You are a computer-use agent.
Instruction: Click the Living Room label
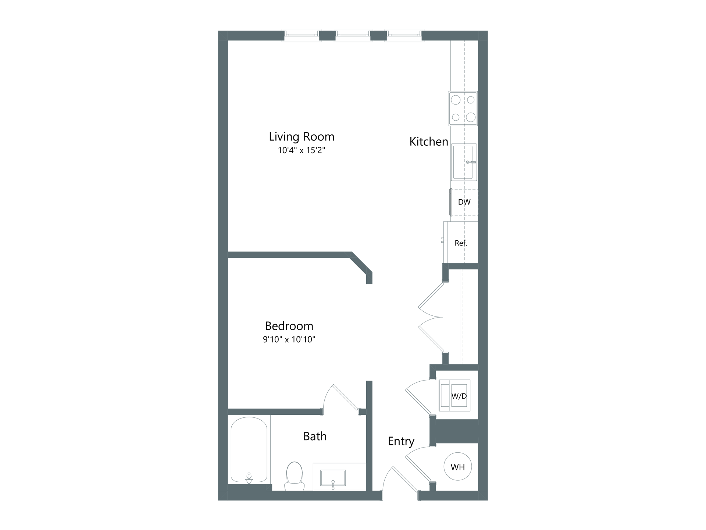point(302,137)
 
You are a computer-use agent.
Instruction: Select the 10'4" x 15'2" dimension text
point(302,150)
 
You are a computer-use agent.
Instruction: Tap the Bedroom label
point(289,326)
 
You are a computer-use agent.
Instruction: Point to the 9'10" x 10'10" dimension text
point(289,339)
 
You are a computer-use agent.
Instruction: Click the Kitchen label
point(429,142)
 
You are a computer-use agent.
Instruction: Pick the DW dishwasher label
point(464,202)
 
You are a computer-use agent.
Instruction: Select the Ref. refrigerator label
point(461,243)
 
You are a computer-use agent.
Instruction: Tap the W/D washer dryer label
point(459,396)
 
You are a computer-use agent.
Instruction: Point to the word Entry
point(401,441)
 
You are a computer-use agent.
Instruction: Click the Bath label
point(315,436)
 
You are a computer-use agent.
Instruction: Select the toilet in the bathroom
point(295,476)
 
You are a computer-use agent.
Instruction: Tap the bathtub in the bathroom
point(249,450)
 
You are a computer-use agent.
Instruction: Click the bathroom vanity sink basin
point(333,478)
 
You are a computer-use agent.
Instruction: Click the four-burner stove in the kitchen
point(463,109)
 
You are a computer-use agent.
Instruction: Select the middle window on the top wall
point(353,36)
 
